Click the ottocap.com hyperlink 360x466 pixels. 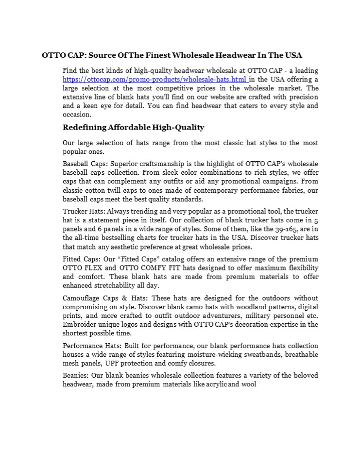point(155,79)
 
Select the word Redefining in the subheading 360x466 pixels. point(84,128)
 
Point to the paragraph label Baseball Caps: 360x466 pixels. point(86,164)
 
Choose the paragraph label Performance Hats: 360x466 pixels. point(92,346)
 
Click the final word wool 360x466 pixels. point(249,384)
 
